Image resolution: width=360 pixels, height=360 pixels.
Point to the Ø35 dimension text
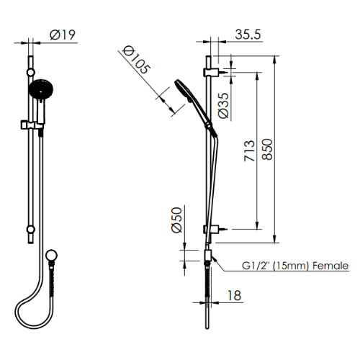point(223,105)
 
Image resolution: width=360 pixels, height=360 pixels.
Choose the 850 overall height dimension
point(268,150)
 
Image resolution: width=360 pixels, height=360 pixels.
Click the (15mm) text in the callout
point(290,266)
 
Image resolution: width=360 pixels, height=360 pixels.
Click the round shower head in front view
point(39,90)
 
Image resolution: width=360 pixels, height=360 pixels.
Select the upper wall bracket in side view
point(210,73)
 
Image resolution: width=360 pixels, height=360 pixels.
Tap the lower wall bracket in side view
point(210,230)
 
